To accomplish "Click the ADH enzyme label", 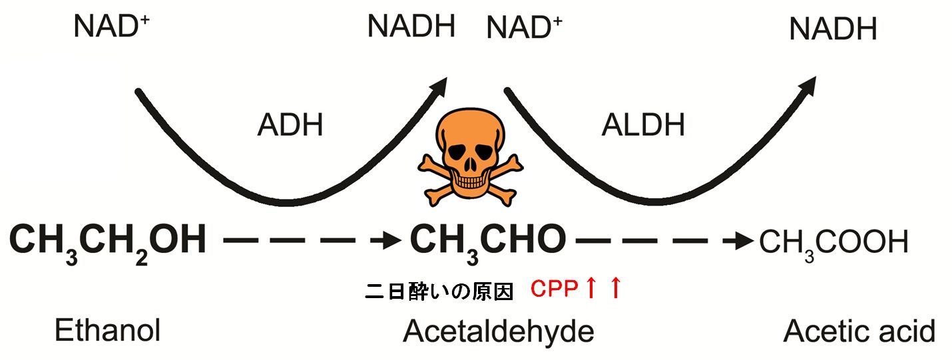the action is click(290, 125).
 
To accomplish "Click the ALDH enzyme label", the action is click(642, 125).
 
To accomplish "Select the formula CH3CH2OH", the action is click(108, 241).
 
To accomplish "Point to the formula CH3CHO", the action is click(487, 241).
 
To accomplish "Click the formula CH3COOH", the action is click(833, 243).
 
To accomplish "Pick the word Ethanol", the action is click(107, 330).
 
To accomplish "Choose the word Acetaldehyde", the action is click(498, 331).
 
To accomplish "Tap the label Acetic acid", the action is click(859, 330).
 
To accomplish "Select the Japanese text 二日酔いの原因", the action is click(440, 291).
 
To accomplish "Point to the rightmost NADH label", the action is click(833, 29).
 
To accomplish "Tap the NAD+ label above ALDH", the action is click(525, 28).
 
